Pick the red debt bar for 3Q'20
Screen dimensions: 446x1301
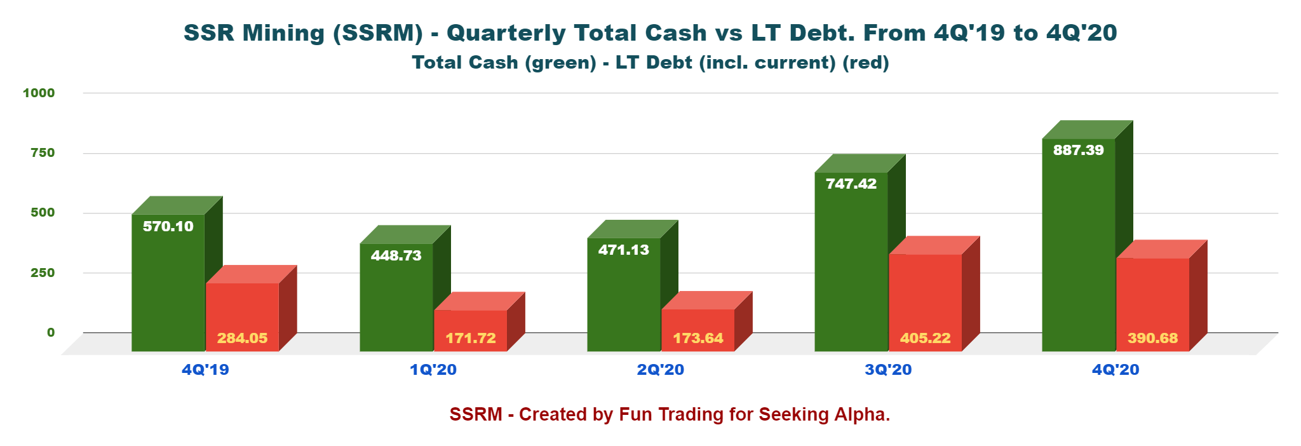(925, 292)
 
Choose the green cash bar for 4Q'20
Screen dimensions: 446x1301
(1079, 254)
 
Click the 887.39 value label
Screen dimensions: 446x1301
(1079, 151)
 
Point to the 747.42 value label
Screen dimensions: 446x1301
(851, 184)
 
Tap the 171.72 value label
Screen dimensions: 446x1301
(471, 338)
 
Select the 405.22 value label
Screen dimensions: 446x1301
(926, 338)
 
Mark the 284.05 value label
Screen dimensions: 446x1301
(243, 338)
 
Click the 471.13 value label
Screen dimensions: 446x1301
(624, 250)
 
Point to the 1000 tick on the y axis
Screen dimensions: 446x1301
(39, 93)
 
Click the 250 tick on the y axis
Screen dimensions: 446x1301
(43, 273)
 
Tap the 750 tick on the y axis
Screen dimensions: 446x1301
(43, 153)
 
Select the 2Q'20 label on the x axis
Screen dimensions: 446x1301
(661, 370)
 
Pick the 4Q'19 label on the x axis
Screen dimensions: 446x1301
(205, 370)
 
